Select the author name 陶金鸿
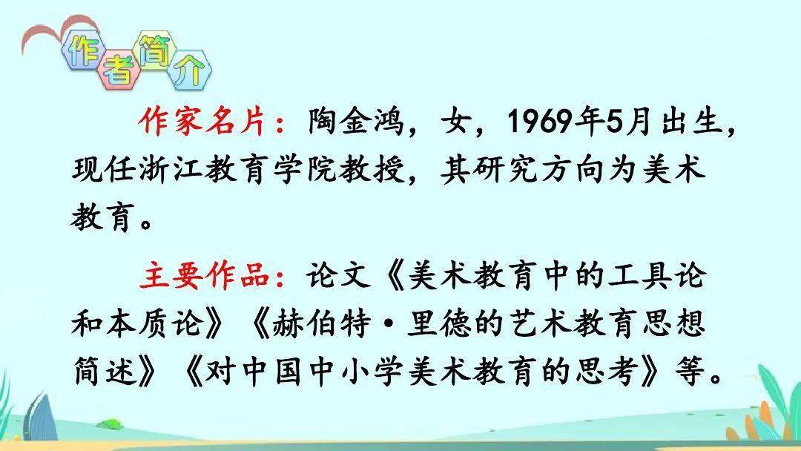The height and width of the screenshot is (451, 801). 355,122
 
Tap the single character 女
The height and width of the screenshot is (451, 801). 457,122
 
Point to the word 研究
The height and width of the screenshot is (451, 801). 504,168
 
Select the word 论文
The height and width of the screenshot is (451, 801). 337,276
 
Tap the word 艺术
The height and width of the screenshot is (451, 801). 538,324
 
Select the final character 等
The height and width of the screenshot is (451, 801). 690,371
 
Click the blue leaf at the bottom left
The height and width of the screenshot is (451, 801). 39,416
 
